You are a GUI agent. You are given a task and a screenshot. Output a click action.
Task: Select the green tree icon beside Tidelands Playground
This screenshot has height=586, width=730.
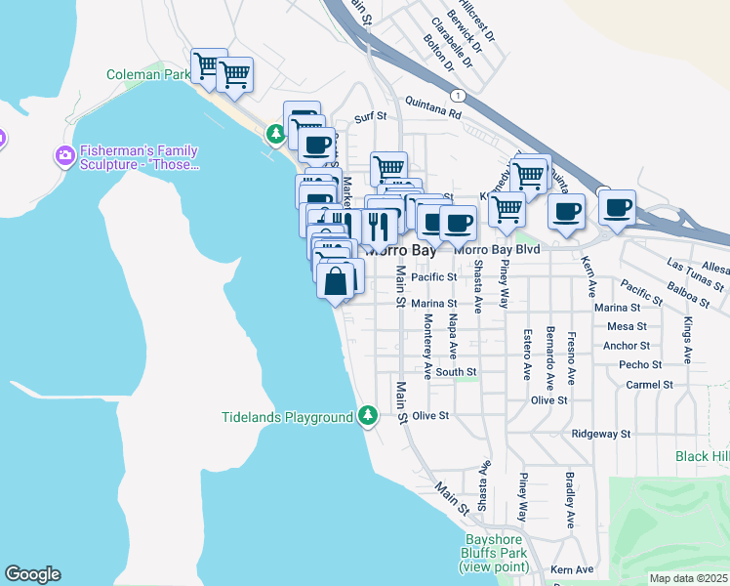[368, 417]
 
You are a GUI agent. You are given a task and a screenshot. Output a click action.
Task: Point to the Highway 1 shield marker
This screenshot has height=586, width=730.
[457, 95]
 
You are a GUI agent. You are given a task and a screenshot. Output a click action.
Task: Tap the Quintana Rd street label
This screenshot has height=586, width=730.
[436, 113]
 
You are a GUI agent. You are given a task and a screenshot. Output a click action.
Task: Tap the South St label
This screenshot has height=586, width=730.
[456, 372]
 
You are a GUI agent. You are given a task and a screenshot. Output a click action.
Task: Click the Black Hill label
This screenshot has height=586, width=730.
[702, 456]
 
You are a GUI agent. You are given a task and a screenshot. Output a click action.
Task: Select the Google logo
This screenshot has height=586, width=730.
[32, 574]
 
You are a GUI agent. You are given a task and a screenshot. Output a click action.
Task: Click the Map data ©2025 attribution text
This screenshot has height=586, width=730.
[688, 578]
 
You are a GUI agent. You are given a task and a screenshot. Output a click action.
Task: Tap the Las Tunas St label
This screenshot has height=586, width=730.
[695, 274]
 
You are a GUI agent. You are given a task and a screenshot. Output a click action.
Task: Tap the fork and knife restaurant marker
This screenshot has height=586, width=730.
[380, 227]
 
